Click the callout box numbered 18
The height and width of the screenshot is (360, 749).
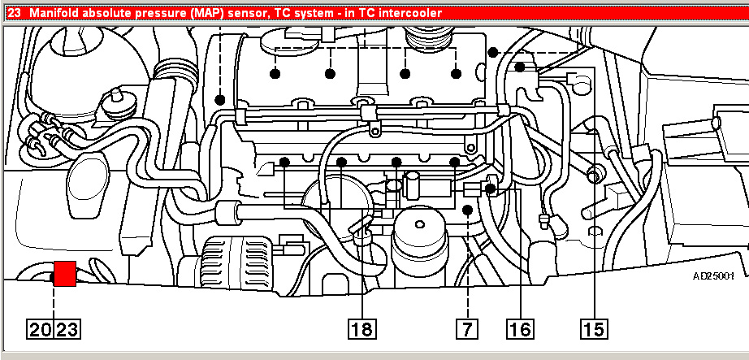(362, 329)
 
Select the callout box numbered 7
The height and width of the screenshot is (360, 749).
(466, 329)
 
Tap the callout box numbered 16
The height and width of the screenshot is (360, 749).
(520, 329)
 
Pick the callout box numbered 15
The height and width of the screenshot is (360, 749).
(593, 329)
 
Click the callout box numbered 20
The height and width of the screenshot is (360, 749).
(41, 329)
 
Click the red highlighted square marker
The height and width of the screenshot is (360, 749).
(64, 274)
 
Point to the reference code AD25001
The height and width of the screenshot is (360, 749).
(713, 276)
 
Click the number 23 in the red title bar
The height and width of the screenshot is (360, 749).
(12, 12)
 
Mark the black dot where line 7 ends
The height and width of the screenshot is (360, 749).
(467, 210)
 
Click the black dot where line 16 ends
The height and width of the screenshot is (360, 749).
(491, 189)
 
